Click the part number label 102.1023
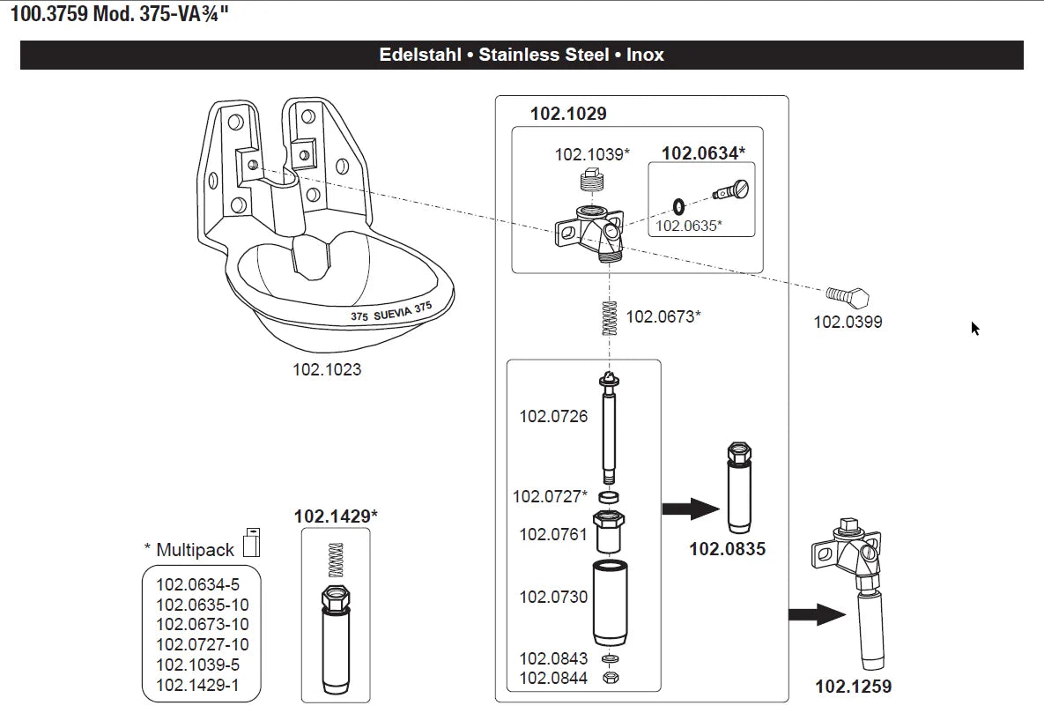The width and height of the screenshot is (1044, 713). click(x=327, y=369)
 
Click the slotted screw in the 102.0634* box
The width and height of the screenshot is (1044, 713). click(x=729, y=188)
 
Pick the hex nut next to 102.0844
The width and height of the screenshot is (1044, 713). click(x=609, y=678)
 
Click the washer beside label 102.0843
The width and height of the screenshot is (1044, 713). click(x=609, y=659)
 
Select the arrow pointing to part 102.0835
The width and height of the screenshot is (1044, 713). click(x=690, y=509)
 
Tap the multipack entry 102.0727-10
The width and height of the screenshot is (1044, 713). click(x=202, y=644)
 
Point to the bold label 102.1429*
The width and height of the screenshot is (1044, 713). click(x=335, y=516)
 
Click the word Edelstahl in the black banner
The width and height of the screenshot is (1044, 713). click(x=419, y=55)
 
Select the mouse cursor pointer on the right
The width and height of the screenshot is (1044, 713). click(x=974, y=328)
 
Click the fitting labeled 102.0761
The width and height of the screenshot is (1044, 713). click(x=608, y=531)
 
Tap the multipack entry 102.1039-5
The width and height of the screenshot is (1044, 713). click(x=197, y=665)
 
